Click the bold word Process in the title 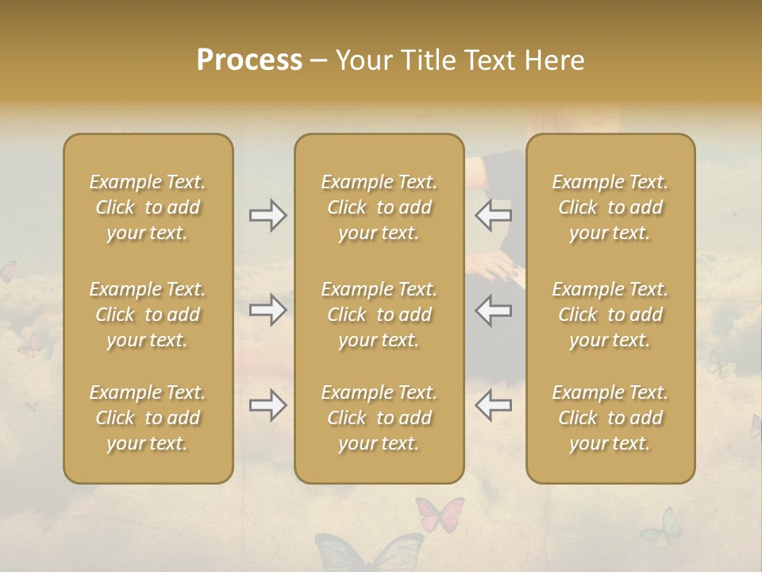click(x=249, y=60)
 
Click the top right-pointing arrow click(x=267, y=215)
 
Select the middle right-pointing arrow click(x=267, y=310)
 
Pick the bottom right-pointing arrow click(x=267, y=405)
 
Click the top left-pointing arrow click(x=494, y=215)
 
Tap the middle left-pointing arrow click(x=494, y=310)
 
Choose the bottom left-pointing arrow click(x=494, y=405)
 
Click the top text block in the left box click(x=148, y=207)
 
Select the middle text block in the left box click(x=148, y=315)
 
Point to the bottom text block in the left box click(x=148, y=418)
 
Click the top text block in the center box click(x=379, y=207)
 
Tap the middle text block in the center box click(x=379, y=315)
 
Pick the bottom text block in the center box click(x=379, y=418)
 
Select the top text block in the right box click(x=610, y=207)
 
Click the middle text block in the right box click(x=610, y=315)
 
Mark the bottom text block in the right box click(x=610, y=418)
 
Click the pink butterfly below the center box click(x=439, y=513)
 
